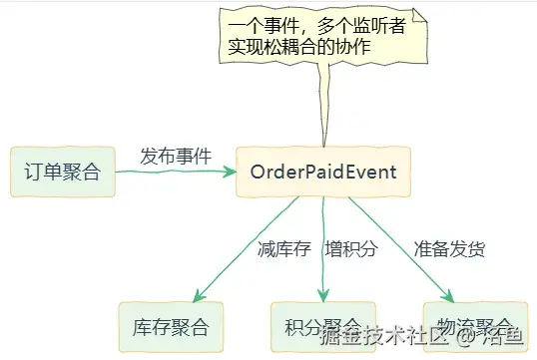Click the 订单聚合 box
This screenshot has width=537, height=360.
(x=61, y=172)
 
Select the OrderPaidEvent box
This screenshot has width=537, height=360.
(x=323, y=172)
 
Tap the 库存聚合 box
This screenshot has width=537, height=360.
(x=170, y=325)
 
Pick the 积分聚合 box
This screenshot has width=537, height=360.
(x=321, y=325)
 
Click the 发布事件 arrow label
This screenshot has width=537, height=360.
(x=176, y=155)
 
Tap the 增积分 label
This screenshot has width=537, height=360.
(x=351, y=248)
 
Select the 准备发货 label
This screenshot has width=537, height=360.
(x=449, y=248)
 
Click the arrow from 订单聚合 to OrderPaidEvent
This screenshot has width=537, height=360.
(x=175, y=172)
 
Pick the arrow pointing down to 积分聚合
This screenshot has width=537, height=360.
(x=322, y=248)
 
